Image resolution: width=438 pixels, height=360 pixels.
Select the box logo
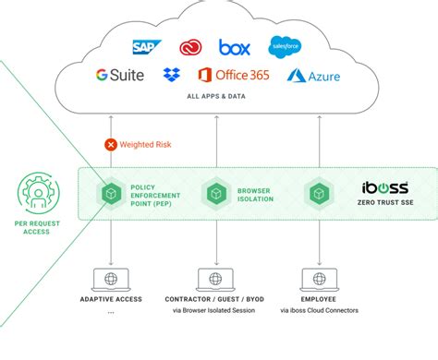click(235, 45)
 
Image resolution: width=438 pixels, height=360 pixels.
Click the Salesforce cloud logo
click(284, 45)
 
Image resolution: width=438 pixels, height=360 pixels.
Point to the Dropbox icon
click(171, 75)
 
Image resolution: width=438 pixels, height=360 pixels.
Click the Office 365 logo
click(233, 75)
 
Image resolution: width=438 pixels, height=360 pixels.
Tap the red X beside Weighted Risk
click(111, 144)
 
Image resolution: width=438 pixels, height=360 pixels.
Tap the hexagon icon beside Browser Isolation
click(217, 194)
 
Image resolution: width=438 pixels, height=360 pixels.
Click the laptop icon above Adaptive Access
click(110, 280)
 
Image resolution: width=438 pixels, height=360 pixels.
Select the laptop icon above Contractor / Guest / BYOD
click(217, 280)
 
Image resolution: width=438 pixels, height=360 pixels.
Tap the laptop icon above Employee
click(319, 280)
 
